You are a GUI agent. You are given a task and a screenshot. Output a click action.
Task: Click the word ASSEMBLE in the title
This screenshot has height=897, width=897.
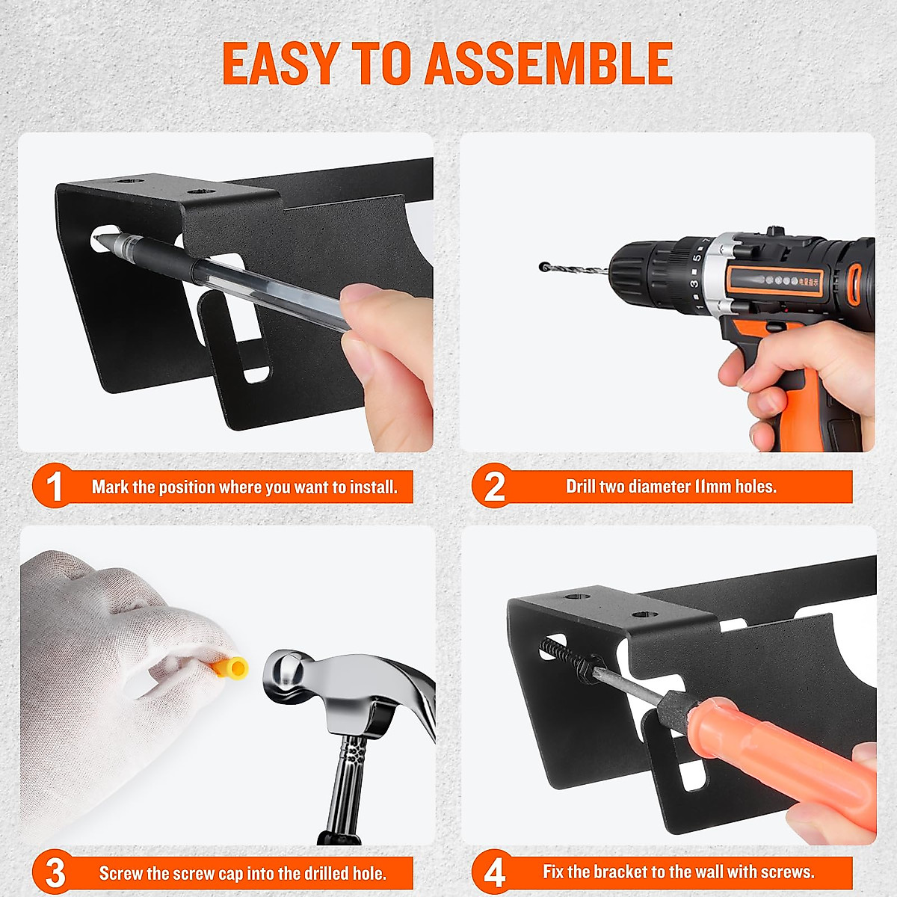click(549, 64)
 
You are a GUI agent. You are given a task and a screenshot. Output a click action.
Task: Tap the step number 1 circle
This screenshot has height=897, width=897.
click(54, 487)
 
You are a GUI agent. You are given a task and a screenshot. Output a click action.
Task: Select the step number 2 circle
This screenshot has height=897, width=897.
click(493, 487)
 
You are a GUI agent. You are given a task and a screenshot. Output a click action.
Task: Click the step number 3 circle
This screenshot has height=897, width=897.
click(54, 872)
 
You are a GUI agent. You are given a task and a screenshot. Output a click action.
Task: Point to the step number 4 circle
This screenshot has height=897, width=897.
click(493, 872)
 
